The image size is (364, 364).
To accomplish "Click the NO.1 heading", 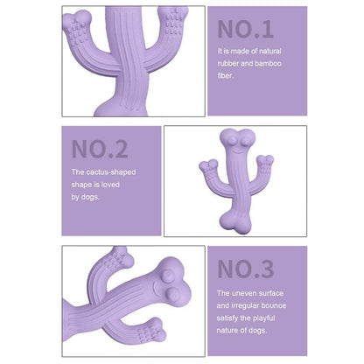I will click(x=246, y=29).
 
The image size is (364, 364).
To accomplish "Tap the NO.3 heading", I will click(x=246, y=267).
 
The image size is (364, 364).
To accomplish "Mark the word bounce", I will click(x=291, y=304).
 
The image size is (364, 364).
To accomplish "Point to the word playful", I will click(x=278, y=317).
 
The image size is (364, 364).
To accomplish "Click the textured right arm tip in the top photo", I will click(x=173, y=22).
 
